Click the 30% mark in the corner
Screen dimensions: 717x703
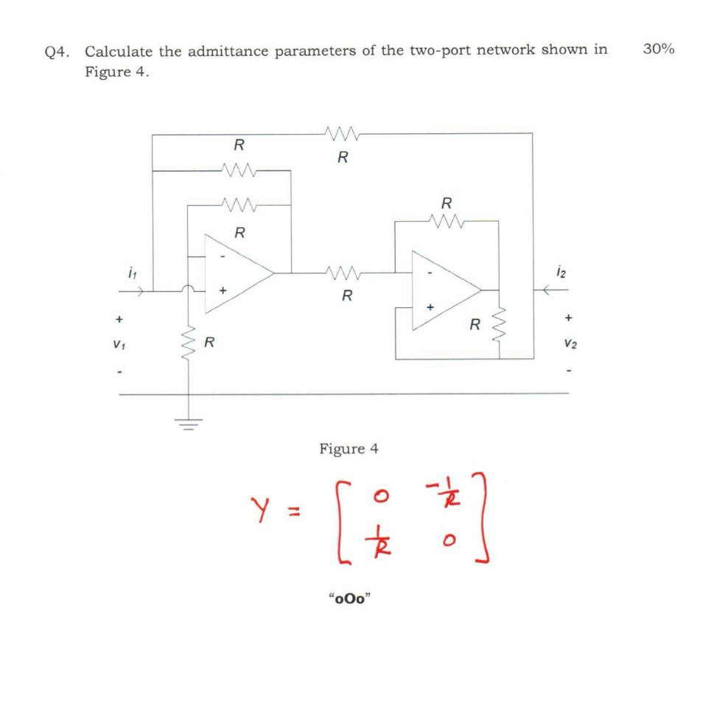click(658, 49)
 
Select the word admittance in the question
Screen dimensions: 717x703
click(230, 51)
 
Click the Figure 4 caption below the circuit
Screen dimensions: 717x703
click(349, 448)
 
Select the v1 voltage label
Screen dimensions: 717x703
click(118, 343)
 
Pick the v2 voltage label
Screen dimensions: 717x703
click(570, 343)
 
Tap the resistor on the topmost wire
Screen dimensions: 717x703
click(341, 134)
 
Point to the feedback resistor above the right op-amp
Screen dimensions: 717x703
click(446, 220)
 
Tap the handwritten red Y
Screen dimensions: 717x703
click(259, 508)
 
